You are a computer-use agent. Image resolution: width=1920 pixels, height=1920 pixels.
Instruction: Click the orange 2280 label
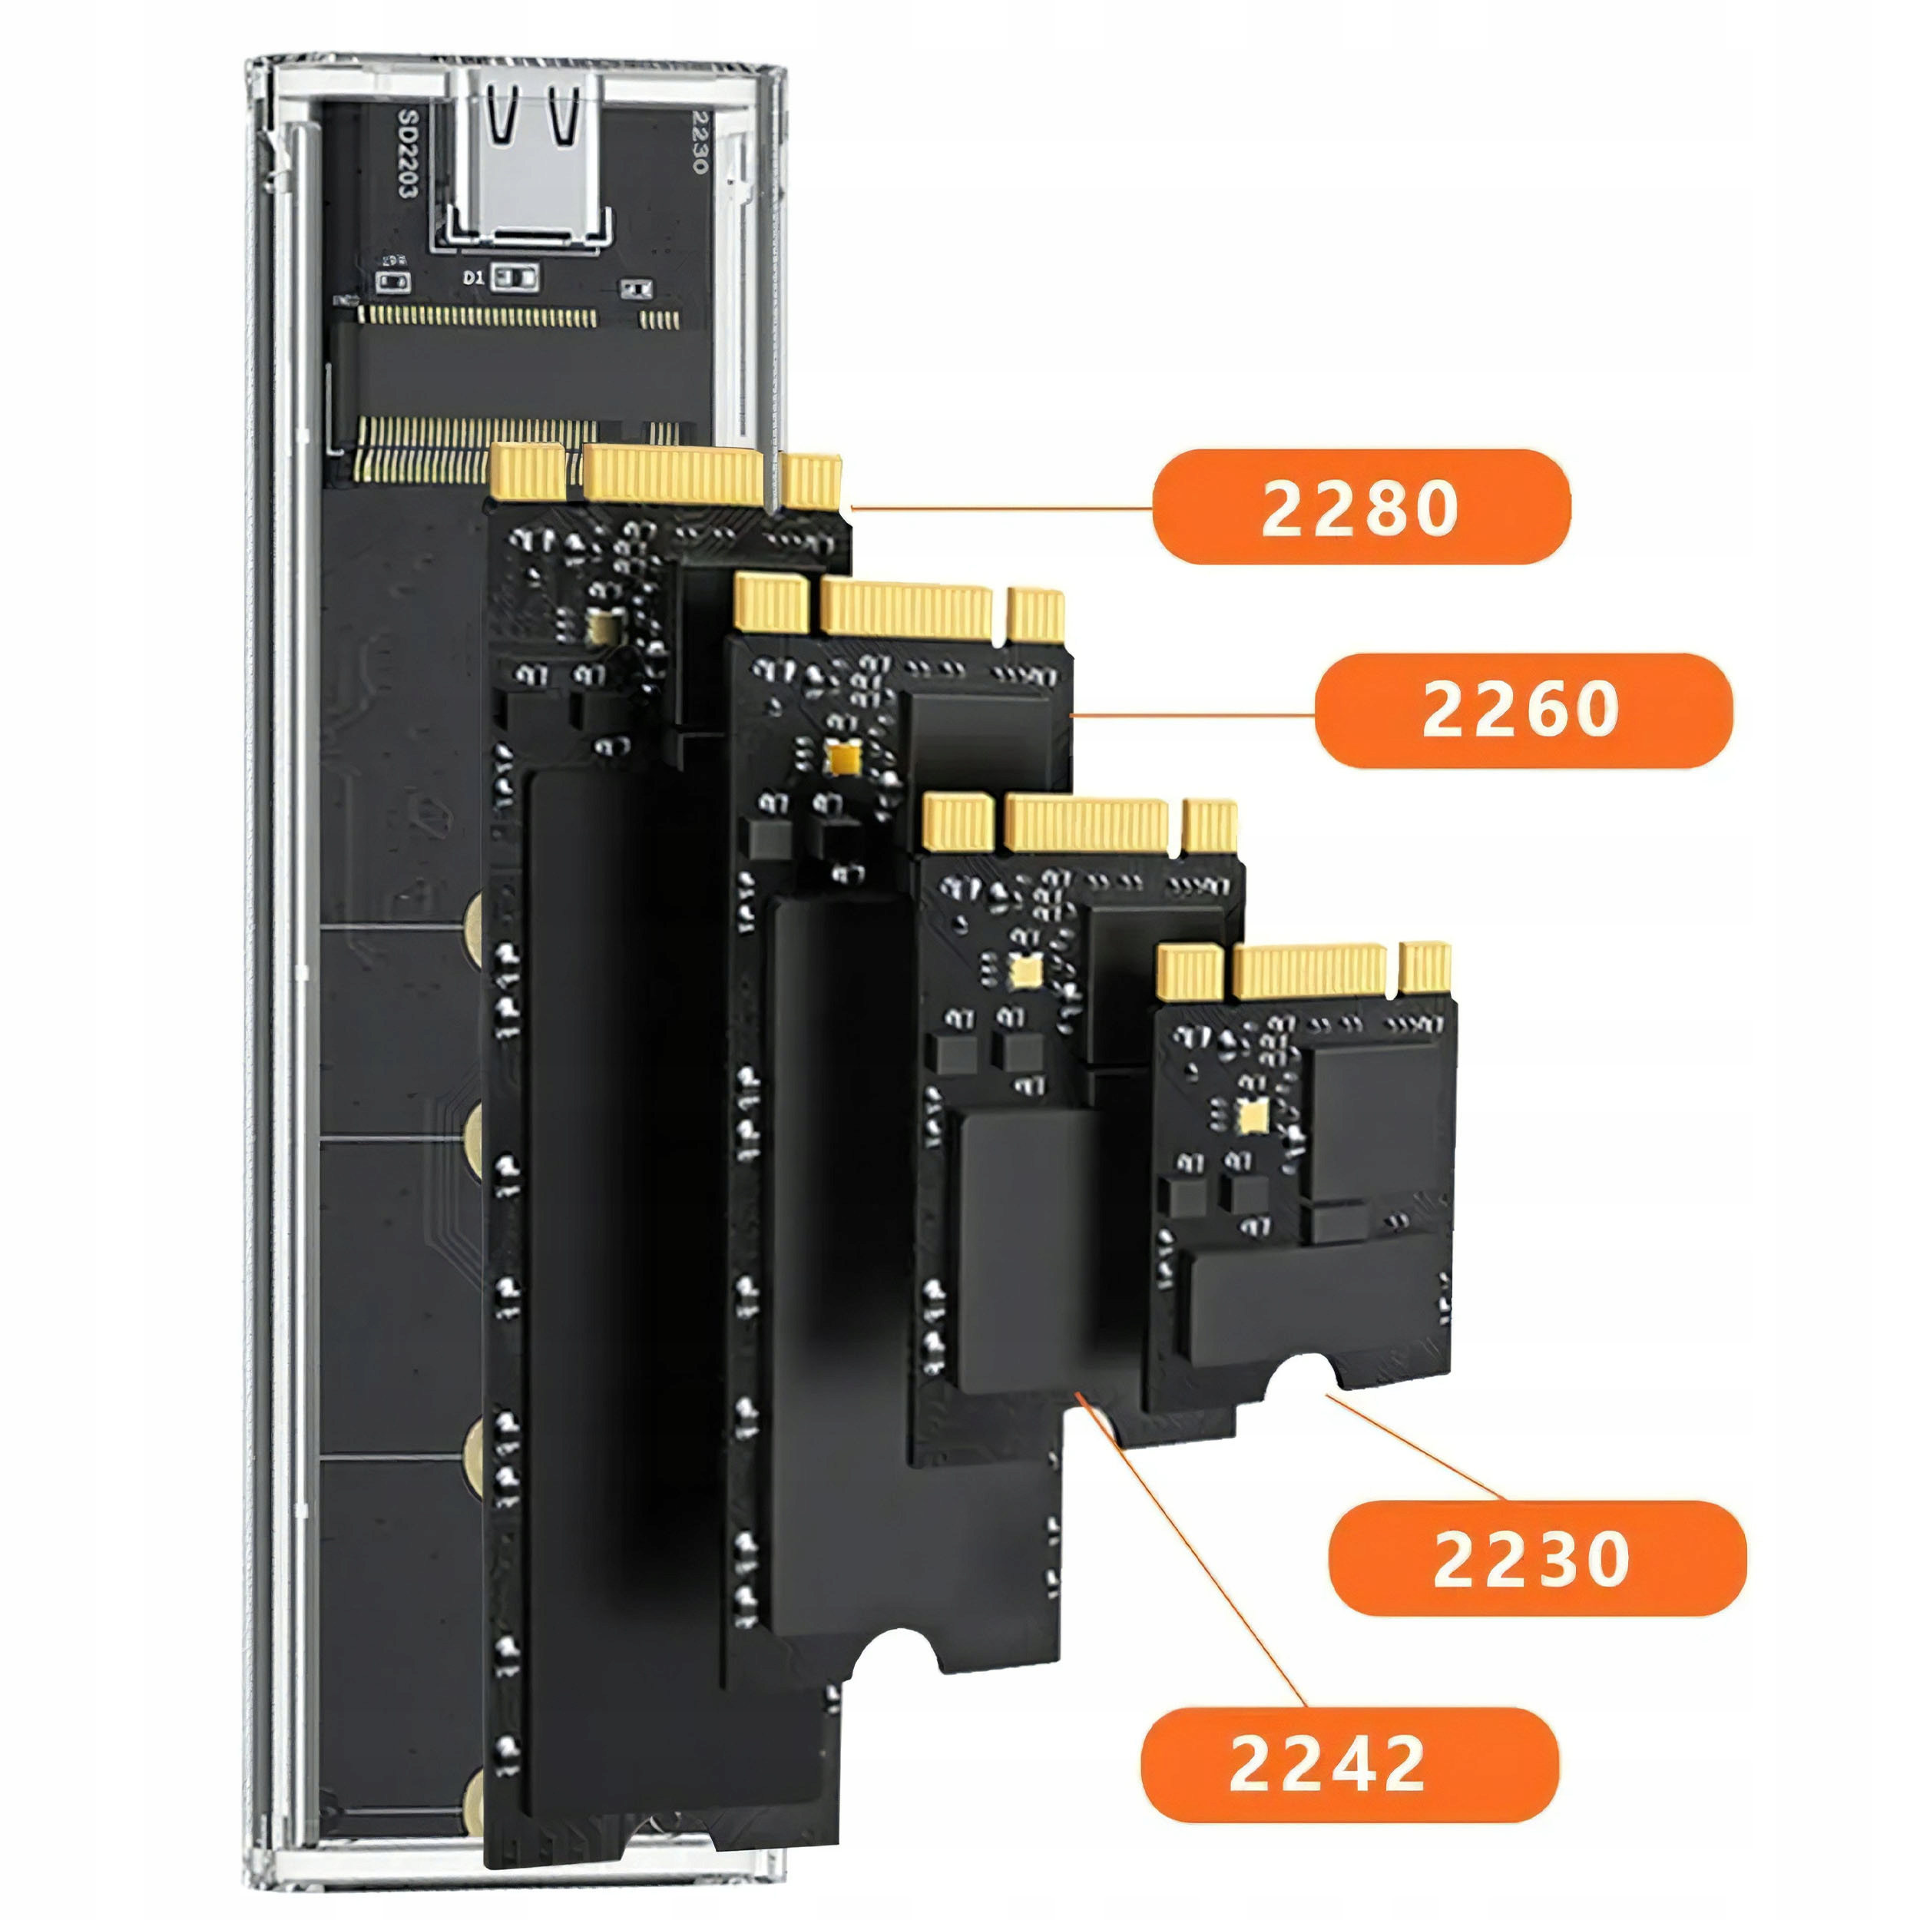tap(1360, 507)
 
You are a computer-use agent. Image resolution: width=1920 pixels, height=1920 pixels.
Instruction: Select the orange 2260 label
tap(1522, 710)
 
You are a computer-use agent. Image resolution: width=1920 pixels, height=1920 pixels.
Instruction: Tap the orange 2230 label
tap(1537, 1558)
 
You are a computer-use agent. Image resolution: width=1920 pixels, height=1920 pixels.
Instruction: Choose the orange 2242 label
tap(1349, 1765)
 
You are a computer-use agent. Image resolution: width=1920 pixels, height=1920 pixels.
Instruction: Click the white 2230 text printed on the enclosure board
tap(700, 141)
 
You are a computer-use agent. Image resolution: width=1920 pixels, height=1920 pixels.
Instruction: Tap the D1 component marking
tap(473, 278)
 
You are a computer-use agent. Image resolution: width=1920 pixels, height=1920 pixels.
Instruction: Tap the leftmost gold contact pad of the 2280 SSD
tap(528, 473)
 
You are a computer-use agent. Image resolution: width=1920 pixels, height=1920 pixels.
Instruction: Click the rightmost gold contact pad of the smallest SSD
tap(1424, 968)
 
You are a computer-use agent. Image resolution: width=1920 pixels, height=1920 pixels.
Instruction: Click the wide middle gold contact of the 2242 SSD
tap(1086, 825)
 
